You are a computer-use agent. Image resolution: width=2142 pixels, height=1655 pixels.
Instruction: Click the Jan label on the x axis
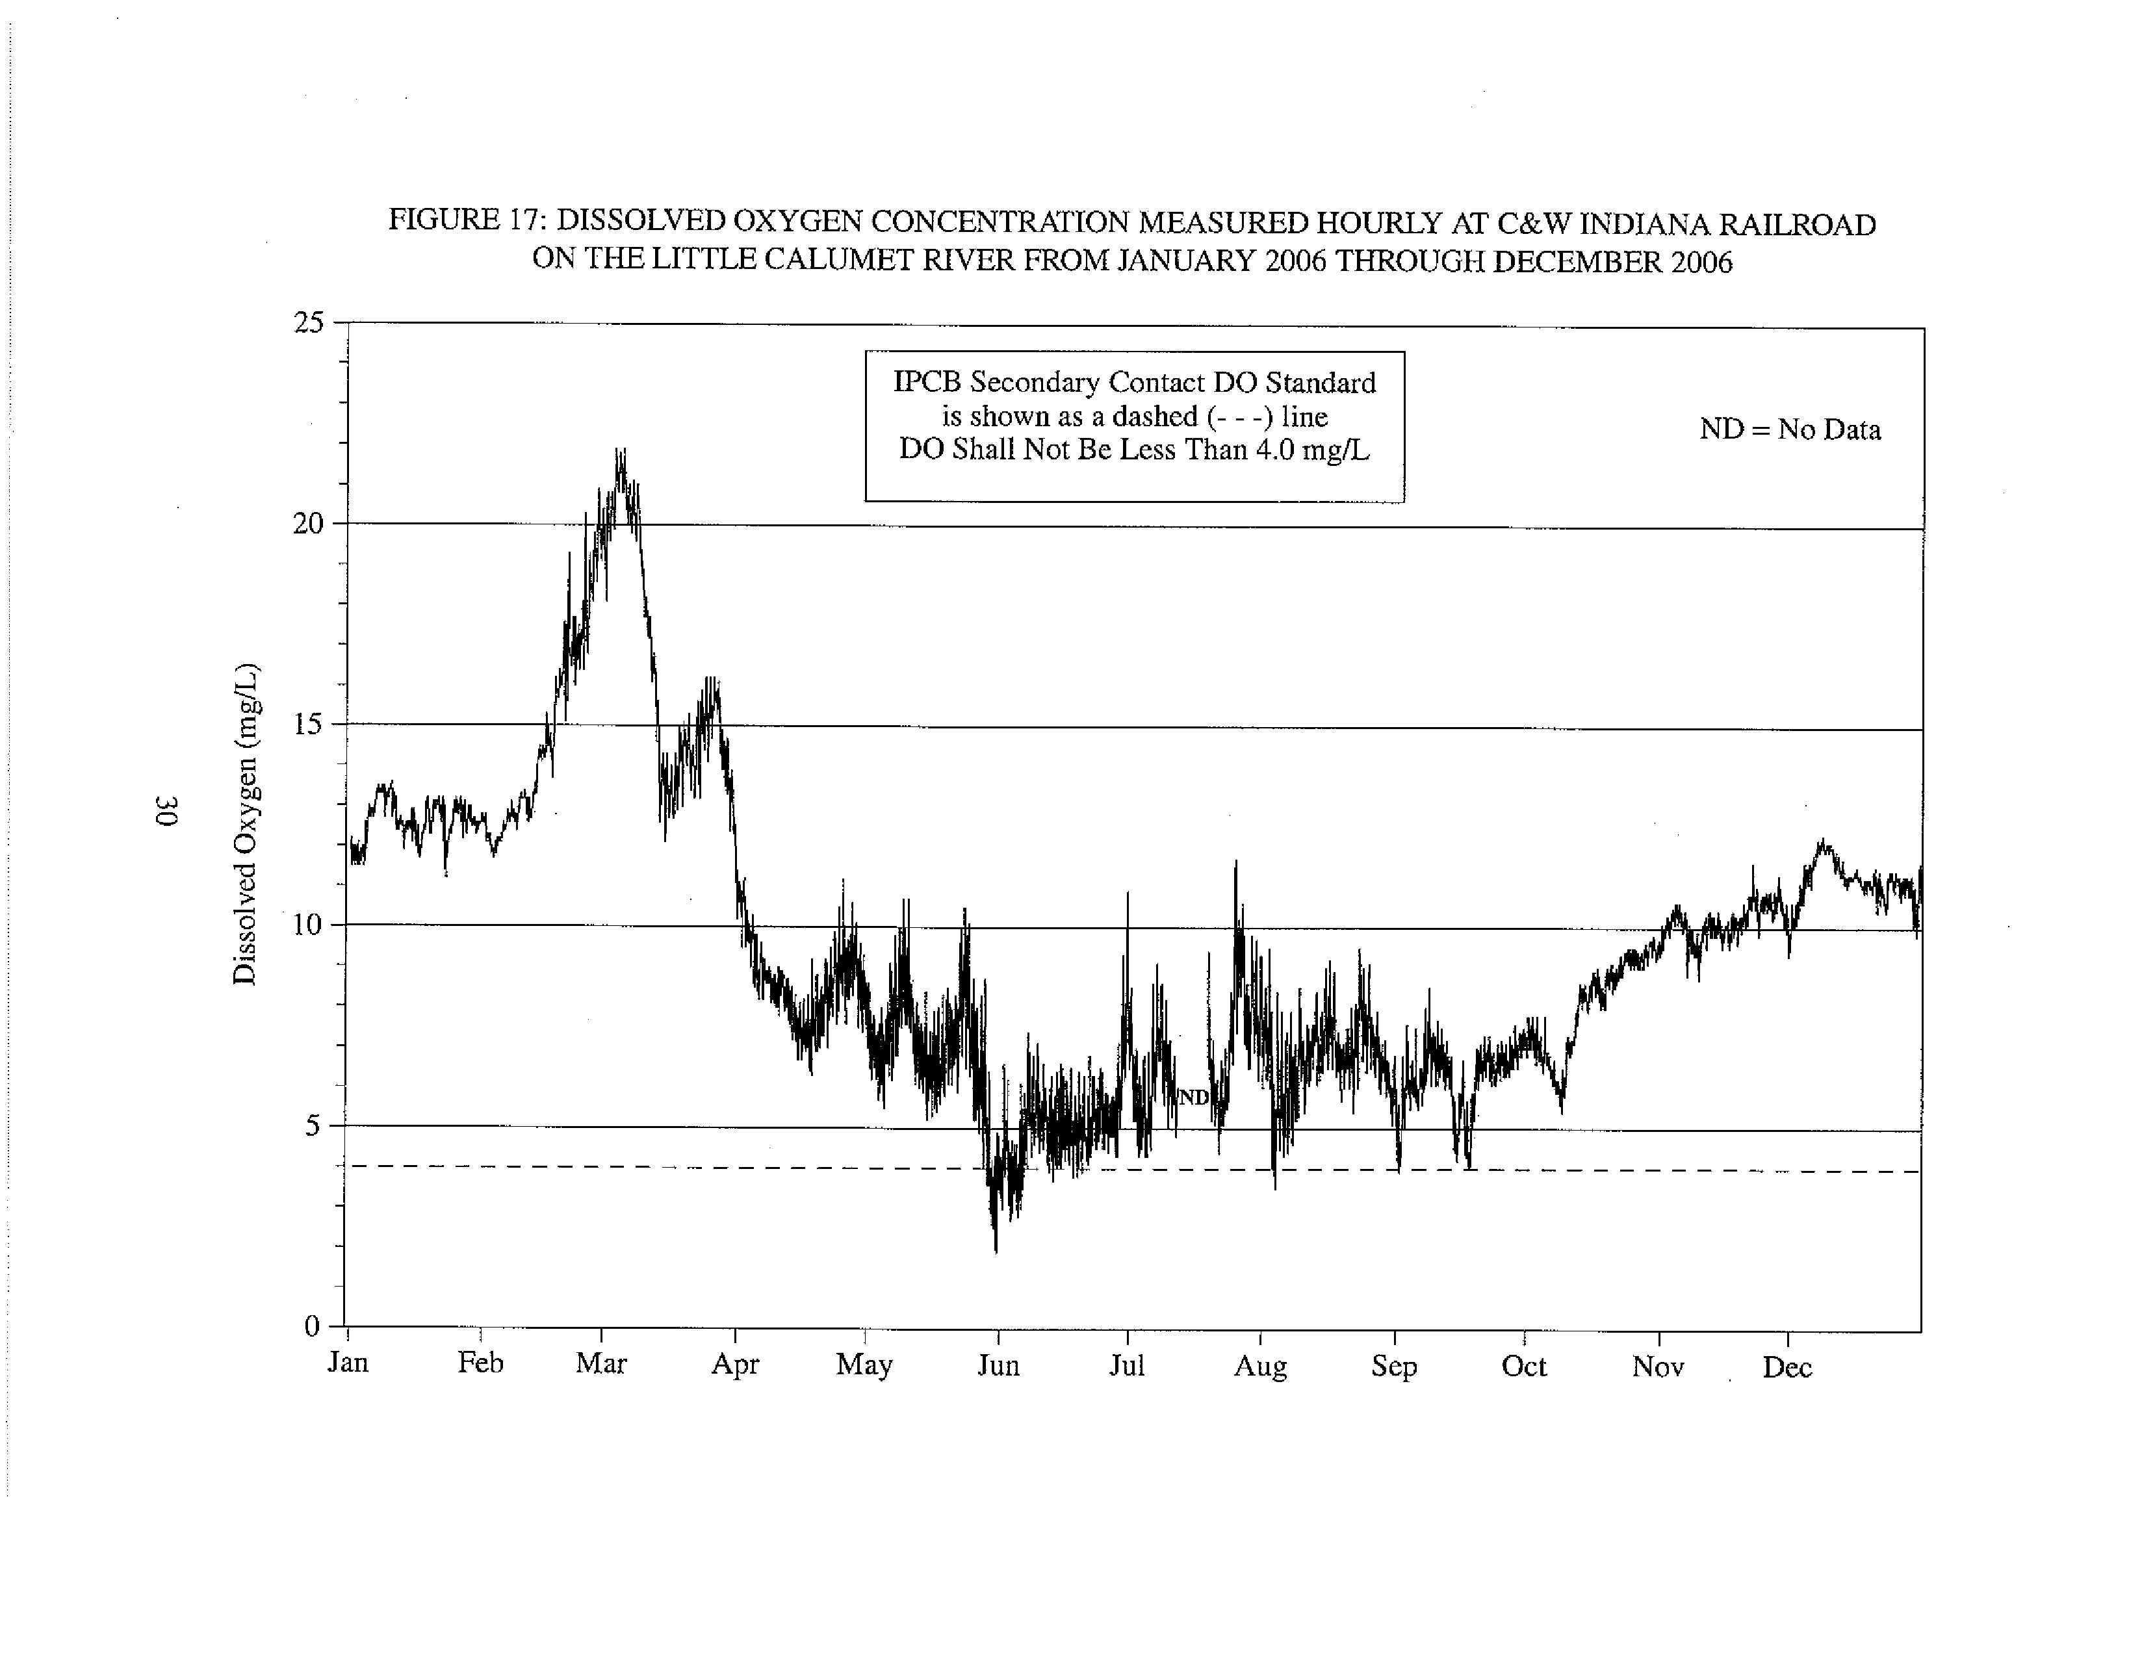pyautogui.click(x=348, y=1363)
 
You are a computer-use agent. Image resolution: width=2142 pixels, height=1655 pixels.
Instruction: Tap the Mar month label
pyautogui.click(x=601, y=1364)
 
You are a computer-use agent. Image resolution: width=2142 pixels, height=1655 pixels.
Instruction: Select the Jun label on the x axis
pyautogui.click(x=998, y=1366)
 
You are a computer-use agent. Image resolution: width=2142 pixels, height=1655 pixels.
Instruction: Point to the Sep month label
pyautogui.click(x=1394, y=1366)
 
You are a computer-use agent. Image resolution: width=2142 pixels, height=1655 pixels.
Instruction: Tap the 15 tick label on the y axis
pyautogui.click(x=308, y=725)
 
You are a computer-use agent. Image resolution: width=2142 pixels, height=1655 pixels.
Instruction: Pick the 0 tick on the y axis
pyautogui.click(x=313, y=1327)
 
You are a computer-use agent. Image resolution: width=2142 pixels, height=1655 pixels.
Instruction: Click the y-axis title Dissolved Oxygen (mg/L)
pyautogui.click(x=245, y=823)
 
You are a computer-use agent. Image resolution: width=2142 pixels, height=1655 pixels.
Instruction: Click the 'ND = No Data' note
pyautogui.click(x=1790, y=430)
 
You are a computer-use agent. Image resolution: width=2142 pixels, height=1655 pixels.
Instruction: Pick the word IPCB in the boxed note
pyautogui.click(x=927, y=382)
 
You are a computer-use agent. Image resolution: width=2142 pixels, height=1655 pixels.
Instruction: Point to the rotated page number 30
pyautogui.click(x=167, y=812)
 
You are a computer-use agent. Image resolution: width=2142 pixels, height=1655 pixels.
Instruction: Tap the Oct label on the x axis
pyautogui.click(x=1524, y=1366)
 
